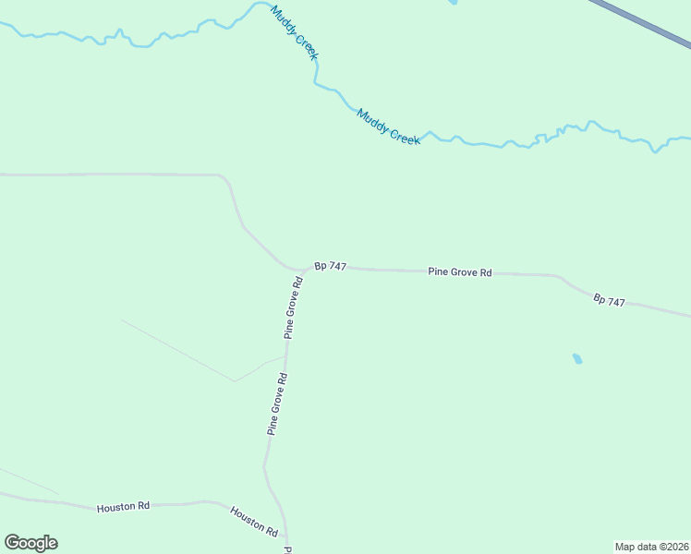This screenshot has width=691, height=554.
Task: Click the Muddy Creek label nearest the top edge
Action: [x=295, y=34]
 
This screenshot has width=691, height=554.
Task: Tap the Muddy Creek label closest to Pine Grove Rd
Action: [x=389, y=126]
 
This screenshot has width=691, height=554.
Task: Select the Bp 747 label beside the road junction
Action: [x=330, y=266]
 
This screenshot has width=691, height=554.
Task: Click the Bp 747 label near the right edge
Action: [x=610, y=301]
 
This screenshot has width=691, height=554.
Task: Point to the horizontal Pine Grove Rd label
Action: [x=460, y=272]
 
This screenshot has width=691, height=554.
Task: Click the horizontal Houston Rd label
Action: [x=123, y=507]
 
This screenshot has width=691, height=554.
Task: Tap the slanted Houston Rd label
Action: [x=254, y=522]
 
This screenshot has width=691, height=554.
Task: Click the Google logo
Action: [x=30, y=543]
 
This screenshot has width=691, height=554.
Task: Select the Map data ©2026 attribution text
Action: [x=652, y=547]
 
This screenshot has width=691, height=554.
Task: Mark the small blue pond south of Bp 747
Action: [x=577, y=358]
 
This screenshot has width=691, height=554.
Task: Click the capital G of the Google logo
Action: [x=12, y=543]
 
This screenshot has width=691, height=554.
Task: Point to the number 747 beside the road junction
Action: [x=337, y=266]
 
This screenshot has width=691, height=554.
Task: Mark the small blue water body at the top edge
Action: [x=453, y=3]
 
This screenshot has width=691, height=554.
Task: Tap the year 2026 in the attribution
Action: [x=677, y=547]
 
